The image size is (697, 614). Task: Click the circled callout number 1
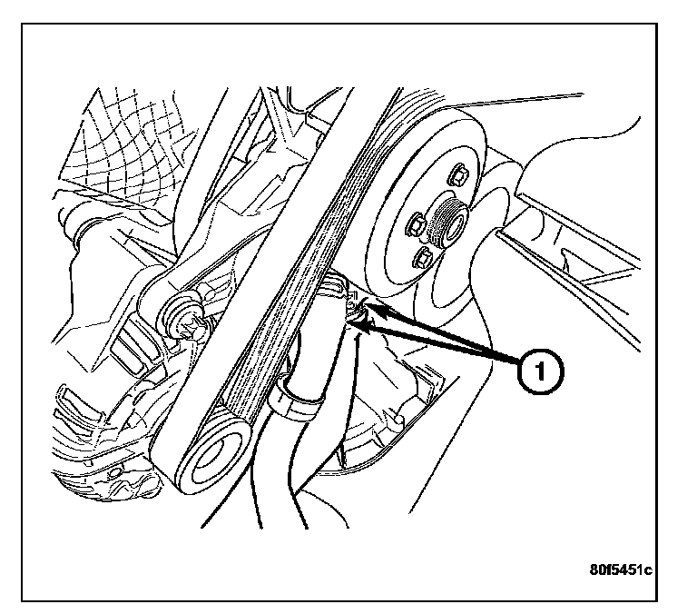pyautogui.click(x=536, y=371)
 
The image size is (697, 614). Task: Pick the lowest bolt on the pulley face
pyautogui.click(x=424, y=261)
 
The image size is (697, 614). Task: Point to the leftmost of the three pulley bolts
pyautogui.click(x=417, y=221)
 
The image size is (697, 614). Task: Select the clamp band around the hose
pyautogui.click(x=297, y=400)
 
